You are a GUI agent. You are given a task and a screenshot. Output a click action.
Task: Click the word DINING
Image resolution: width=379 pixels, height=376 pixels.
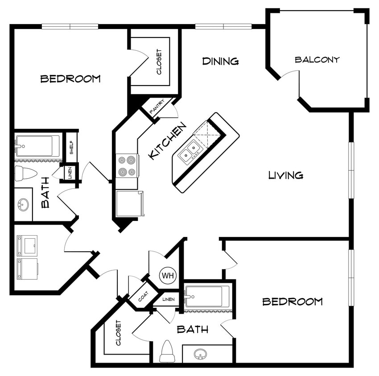pyautogui.click(x=220, y=61)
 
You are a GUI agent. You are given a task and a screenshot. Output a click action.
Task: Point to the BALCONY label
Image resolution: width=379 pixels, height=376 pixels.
pyautogui.click(x=317, y=59)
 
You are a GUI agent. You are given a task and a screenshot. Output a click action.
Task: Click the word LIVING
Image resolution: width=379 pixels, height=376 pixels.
pyautogui.click(x=286, y=175)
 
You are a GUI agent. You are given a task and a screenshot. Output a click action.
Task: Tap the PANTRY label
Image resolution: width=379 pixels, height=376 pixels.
pyautogui.click(x=157, y=107)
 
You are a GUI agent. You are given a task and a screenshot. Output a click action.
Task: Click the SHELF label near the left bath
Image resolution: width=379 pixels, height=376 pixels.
pyautogui.click(x=71, y=143)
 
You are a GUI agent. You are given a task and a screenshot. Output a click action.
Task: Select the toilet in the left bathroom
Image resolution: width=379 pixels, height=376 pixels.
pyautogui.click(x=25, y=173)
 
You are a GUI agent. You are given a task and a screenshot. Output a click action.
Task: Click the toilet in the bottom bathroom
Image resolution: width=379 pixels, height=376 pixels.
pyautogui.click(x=167, y=352)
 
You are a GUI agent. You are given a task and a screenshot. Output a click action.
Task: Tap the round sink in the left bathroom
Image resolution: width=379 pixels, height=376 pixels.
pyautogui.click(x=23, y=205)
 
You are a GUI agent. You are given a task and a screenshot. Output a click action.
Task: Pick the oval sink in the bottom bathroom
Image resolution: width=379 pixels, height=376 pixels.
pyautogui.click(x=201, y=355)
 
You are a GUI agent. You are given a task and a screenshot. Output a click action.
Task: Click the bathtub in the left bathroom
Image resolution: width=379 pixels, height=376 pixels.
pyautogui.click(x=37, y=146)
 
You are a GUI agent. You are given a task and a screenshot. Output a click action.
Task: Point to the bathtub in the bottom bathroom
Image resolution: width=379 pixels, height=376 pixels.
pyautogui.click(x=207, y=296)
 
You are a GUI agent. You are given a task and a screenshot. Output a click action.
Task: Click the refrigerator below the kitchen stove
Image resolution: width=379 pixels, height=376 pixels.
pyautogui.click(x=129, y=203)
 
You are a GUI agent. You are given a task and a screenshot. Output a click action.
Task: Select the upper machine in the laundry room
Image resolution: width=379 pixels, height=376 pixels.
pyautogui.click(x=27, y=245)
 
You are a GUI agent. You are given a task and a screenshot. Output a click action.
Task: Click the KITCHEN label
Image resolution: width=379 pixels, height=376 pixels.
pyautogui.click(x=167, y=142)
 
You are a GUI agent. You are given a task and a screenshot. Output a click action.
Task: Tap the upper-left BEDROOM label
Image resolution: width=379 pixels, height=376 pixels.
pyautogui.click(x=70, y=79)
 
